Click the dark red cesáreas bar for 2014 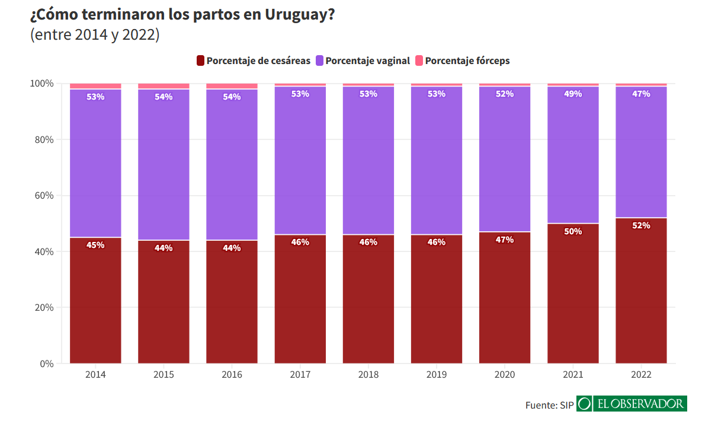[95, 302]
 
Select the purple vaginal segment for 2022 [641, 154]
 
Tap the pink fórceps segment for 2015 [164, 86]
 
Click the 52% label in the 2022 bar [641, 225]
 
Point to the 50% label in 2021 [573, 231]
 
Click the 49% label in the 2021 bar [573, 94]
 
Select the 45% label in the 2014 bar [95, 245]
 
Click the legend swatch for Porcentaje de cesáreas [200, 60]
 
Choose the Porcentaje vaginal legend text [367, 60]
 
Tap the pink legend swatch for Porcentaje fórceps [419, 60]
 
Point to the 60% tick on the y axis [42, 196]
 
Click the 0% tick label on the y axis [46, 364]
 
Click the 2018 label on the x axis [368, 375]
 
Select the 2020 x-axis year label [505, 375]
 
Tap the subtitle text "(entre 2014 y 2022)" [95, 35]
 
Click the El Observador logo [632, 404]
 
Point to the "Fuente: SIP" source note [549, 405]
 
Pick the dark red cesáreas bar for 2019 [437, 302]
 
